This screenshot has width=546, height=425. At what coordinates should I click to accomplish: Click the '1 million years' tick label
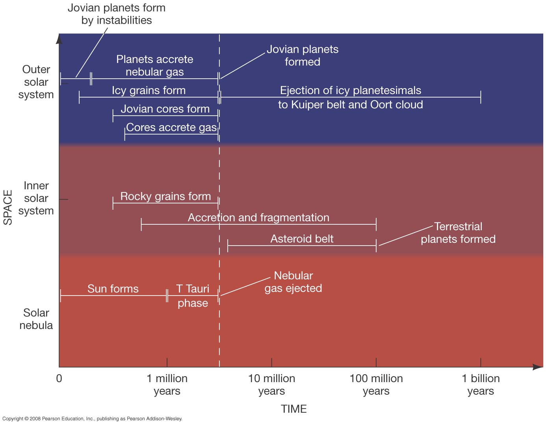[x=167, y=384]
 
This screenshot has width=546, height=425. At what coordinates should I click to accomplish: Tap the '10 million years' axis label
[x=271, y=384]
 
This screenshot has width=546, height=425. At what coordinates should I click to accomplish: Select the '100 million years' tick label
[x=376, y=384]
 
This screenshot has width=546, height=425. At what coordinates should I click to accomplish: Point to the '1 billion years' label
[x=481, y=384]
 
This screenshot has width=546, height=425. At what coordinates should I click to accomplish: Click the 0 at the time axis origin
[x=59, y=379]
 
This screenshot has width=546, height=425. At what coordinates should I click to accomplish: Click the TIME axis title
[x=294, y=409]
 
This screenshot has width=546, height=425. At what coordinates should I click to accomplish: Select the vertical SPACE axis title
[x=8, y=207]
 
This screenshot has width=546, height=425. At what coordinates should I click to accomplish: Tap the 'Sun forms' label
[x=113, y=289]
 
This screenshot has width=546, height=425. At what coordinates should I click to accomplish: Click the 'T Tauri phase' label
[x=193, y=296]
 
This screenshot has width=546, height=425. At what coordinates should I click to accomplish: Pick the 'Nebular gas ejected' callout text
[x=293, y=282]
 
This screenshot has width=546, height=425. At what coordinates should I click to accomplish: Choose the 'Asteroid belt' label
[x=302, y=239]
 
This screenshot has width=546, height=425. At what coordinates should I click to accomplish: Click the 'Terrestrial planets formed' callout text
[x=458, y=233]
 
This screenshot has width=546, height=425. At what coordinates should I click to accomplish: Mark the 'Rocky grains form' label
[x=165, y=196]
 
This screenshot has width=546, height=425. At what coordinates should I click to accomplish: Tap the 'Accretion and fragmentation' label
[x=258, y=218]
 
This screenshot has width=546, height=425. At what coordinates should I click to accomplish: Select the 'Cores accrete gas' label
[x=171, y=128]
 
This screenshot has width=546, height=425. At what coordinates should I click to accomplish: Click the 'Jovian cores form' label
[x=165, y=109]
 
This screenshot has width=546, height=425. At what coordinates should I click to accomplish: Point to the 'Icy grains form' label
[x=149, y=91]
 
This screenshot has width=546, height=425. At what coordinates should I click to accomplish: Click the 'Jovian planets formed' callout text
[x=303, y=55]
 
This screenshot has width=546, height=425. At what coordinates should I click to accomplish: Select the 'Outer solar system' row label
[x=36, y=82]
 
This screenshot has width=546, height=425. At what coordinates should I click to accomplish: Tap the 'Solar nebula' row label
[x=36, y=319]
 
